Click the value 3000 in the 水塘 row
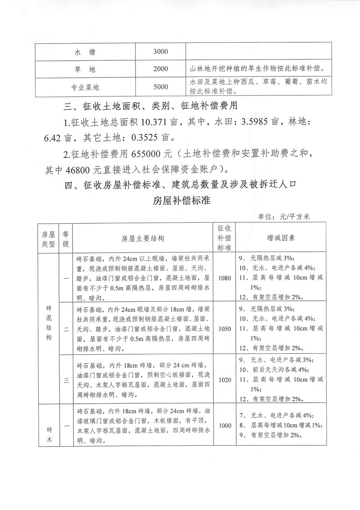click(160, 52)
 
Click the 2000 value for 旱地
click(160, 69)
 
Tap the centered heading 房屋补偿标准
click(180, 200)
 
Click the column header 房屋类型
click(48, 239)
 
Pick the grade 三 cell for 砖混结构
click(66, 379)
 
